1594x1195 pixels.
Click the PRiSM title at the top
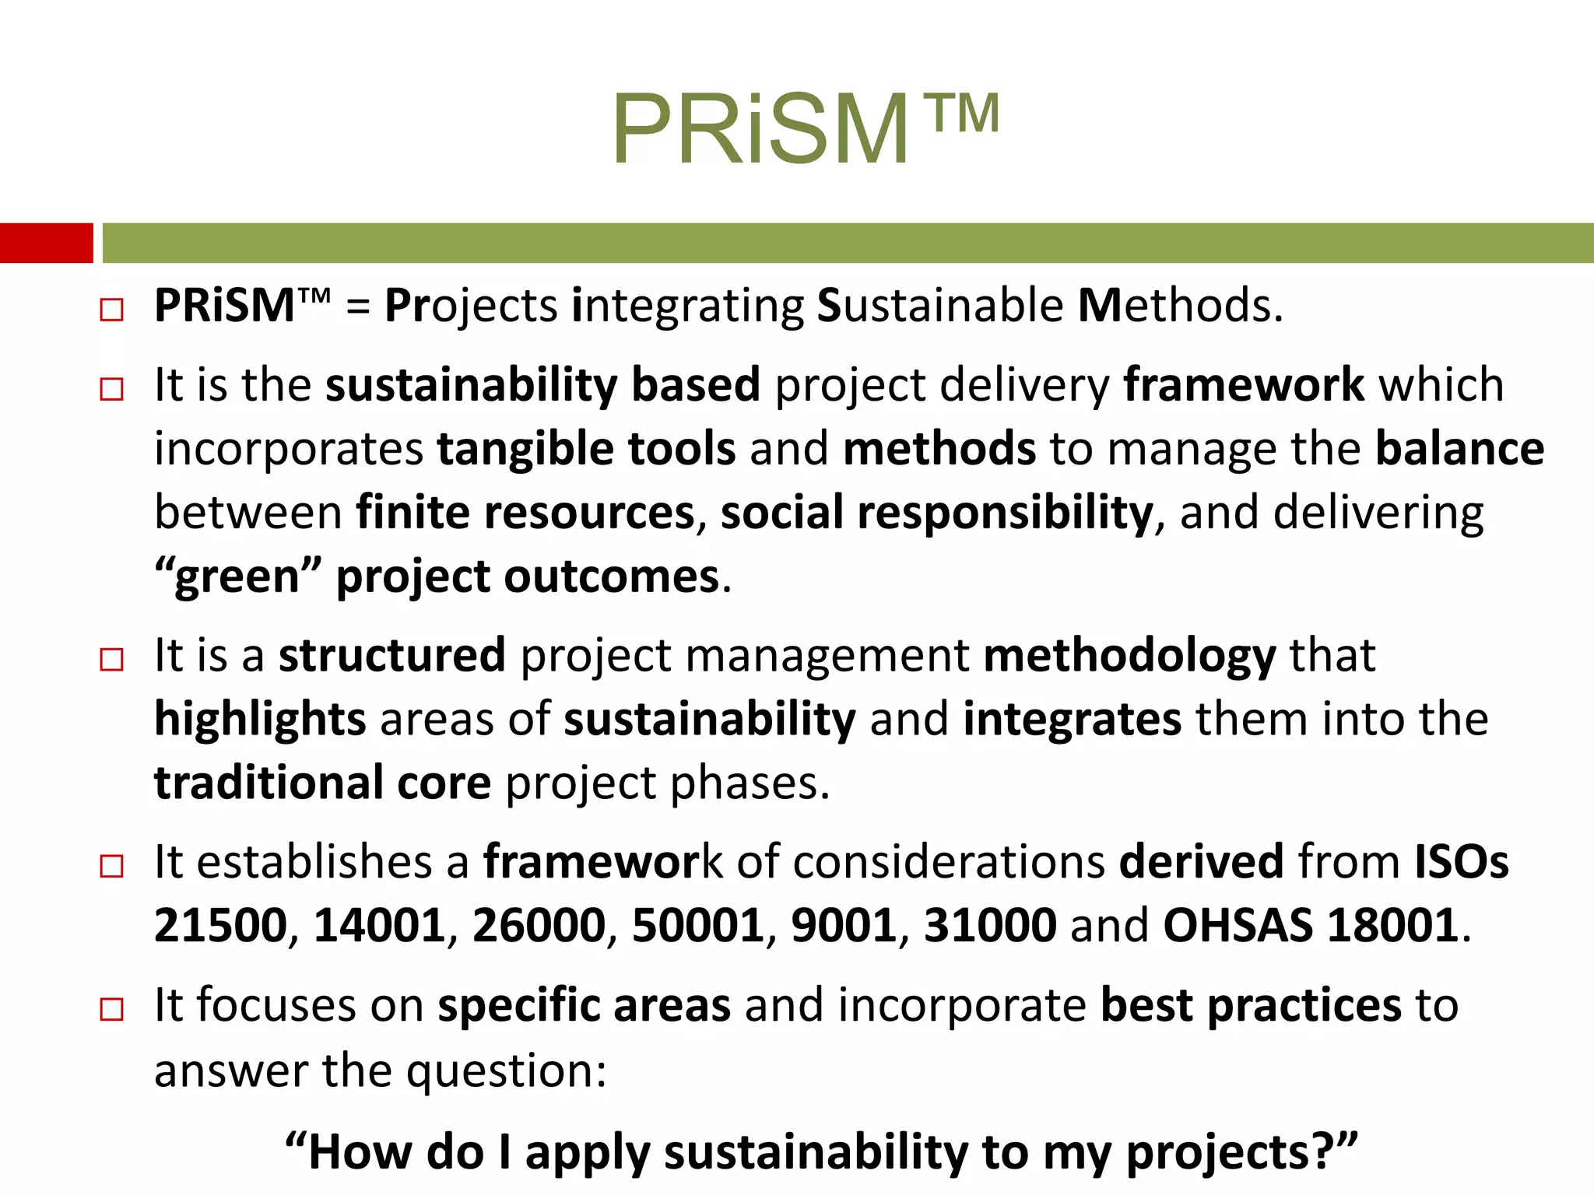coord(806,128)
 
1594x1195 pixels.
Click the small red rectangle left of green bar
coord(46,243)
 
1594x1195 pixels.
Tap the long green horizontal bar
coord(847,243)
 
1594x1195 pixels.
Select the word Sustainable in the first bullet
coord(939,305)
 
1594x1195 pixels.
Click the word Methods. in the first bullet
coord(1180,305)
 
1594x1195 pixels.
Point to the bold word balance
coord(1459,449)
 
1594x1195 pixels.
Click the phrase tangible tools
coord(586,449)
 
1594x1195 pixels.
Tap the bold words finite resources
coord(525,513)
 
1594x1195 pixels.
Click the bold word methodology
coord(1129,656)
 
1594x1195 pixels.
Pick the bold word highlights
coord(260,720)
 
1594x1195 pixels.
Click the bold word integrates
coord(1072,720)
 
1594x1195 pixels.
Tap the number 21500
coord(220,926)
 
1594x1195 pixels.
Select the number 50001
coord(698,926)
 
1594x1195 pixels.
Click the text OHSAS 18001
coord(1310,926)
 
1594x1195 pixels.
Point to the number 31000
coord(989,926)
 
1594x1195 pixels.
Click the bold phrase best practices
coord(1251,1006)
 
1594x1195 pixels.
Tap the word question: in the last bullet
coord(507,1071)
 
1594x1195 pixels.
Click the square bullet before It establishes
coord(112,866)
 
